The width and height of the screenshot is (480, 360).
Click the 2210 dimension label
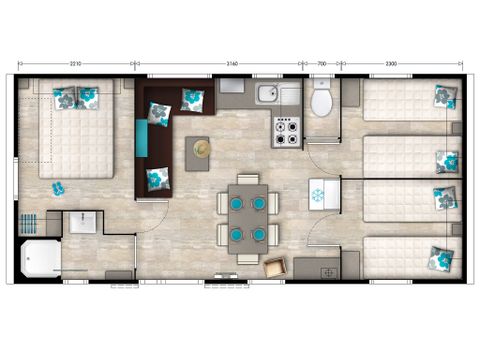(x=75, y=63)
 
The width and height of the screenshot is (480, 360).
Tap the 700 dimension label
(x=322, y=63)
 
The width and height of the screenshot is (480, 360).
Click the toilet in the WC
(x=322, y=101)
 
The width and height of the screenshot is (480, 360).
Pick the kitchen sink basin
(x=267, y=96)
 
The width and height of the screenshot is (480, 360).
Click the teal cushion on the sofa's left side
(x=143, y=134)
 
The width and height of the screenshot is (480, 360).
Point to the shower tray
(x=40, y=258)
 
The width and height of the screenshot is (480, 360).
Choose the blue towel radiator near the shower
(x=31, y=221)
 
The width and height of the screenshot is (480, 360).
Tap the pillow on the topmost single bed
(x=444, y=97)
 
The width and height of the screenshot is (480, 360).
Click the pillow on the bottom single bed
(x=438, y=258)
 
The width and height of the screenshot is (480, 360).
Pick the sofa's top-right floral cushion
(x=192, y=99)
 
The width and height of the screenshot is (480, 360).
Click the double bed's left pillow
(x=66, y=99)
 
